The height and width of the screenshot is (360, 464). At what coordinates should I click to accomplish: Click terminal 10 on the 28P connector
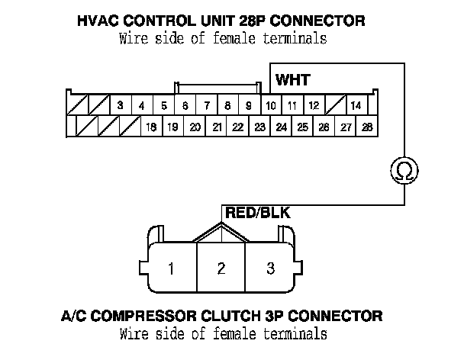(x=271, y=104)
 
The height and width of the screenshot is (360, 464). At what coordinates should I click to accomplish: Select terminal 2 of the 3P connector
(x=221, y=268)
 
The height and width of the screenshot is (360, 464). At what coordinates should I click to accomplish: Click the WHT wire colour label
(x=293, y=79)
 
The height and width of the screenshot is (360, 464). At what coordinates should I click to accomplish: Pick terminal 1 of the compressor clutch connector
(x=172, y=268)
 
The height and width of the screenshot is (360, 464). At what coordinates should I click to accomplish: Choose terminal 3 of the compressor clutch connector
(x=270, y=268)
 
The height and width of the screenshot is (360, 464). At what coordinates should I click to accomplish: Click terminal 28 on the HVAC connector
(x=367, y=127)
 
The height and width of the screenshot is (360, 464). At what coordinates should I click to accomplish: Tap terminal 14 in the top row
(x=356, y=104)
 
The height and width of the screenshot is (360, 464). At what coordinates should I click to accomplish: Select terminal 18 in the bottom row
(x=151, y=127)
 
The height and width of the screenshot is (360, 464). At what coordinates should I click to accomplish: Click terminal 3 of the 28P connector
(x=121, y=104)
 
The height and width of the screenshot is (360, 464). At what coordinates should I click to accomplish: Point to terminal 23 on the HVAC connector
(x=259, y=127)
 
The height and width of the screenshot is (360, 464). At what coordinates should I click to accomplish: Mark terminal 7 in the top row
(x=206, y=104)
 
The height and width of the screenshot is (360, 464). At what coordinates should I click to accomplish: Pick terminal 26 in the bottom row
(x=324, y=127)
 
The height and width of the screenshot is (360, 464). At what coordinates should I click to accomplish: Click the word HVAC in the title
(x=98, y=19)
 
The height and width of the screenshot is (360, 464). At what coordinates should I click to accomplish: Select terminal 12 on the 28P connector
(x=314, y=104)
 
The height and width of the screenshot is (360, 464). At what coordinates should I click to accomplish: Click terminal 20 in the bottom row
(x=195, y=127)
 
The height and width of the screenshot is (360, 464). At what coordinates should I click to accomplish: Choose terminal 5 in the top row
(x=163, y=104)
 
